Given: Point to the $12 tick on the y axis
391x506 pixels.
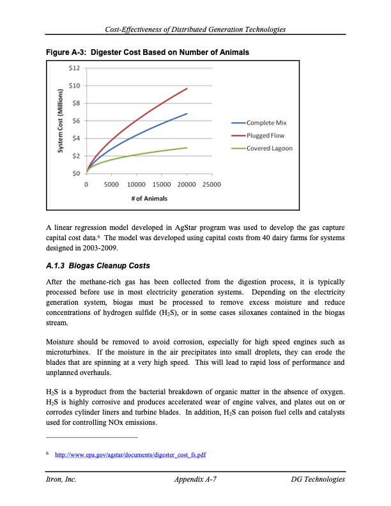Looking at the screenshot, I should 74,68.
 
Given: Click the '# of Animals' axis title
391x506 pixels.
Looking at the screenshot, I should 149,198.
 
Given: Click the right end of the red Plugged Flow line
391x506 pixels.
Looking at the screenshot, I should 187,88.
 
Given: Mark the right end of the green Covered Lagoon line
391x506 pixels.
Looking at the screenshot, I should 187,148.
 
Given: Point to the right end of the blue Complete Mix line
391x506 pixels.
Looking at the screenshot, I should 187,114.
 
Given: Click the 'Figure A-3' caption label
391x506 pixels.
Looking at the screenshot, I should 66,51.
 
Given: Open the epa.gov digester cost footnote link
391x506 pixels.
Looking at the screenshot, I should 131,454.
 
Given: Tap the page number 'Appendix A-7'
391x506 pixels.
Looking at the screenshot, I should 195,479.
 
